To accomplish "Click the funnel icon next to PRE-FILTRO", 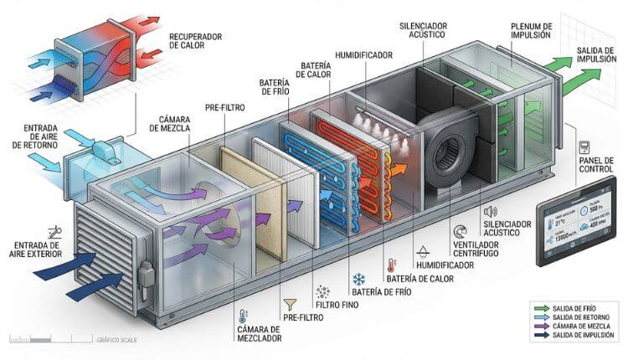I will click(291, 306).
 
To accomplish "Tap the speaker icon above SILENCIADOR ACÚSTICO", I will click(491, 212).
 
